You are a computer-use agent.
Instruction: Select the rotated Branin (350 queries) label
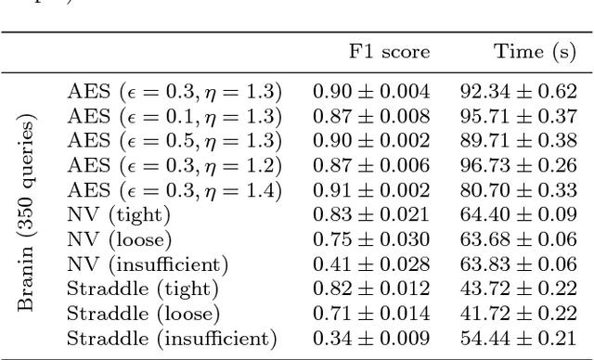click(28, 214)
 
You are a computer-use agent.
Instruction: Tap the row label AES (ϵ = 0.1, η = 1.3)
click(174, 117)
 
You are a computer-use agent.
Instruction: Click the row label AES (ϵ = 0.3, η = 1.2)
click(174, 166)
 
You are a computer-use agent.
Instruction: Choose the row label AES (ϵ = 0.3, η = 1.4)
click(174, 190)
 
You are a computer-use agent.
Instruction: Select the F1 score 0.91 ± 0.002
click(370, 190)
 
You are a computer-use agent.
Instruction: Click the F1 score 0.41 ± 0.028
click(370, 264)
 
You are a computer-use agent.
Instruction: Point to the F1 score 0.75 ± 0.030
click(370, 239)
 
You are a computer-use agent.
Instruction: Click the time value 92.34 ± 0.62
click(518, 92)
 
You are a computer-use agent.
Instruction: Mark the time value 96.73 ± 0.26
click(518, 166)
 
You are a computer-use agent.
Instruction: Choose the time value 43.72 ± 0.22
click(518, 289)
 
